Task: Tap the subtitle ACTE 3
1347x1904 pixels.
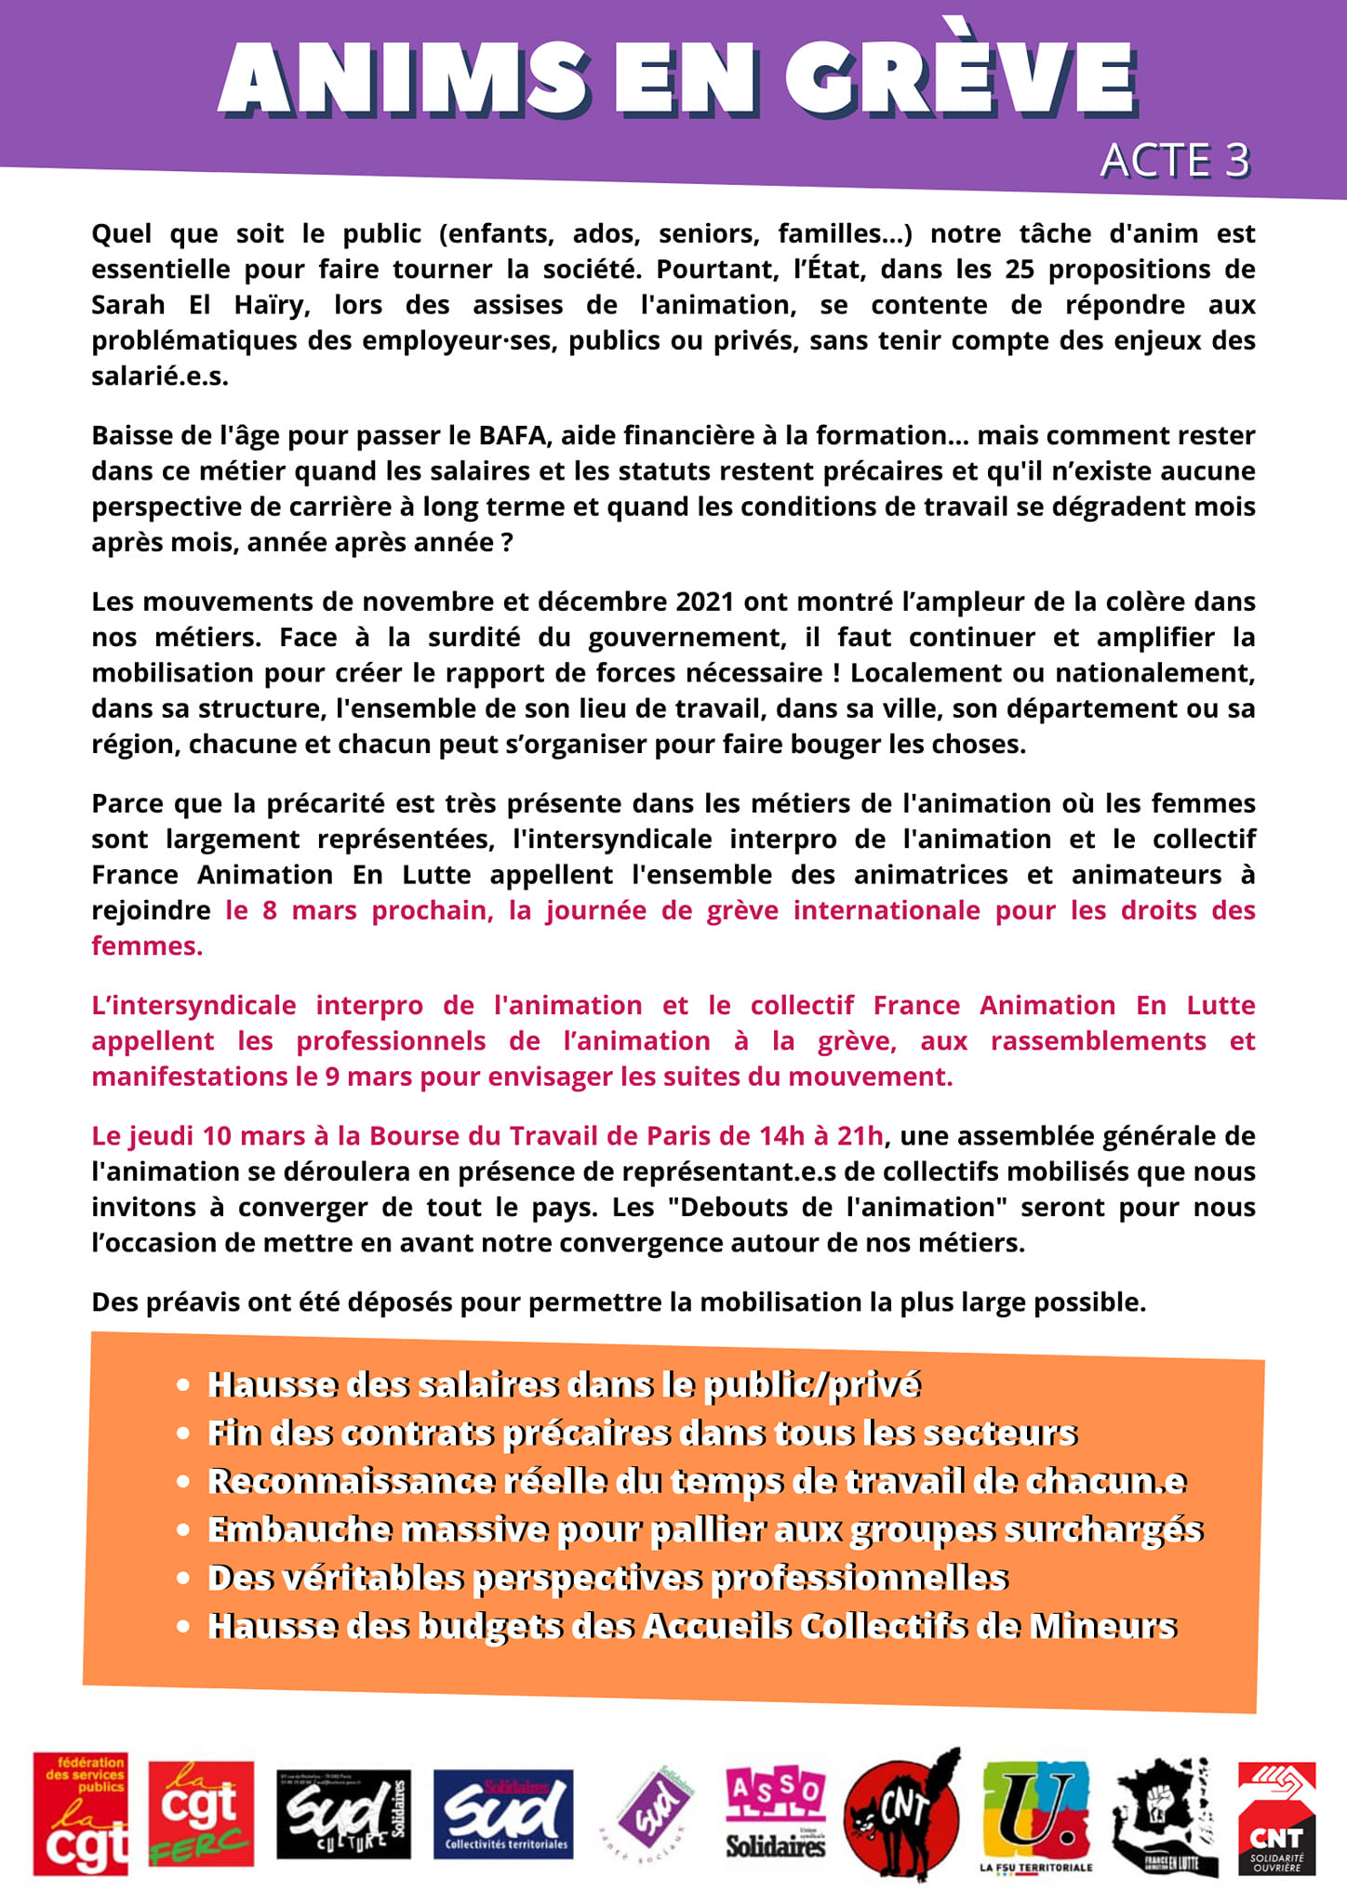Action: [x=1175, y=161]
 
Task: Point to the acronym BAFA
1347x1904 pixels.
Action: [x=510, y=435]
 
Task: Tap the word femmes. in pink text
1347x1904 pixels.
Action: [x=147, y=946]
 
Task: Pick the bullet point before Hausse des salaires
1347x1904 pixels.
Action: [x=184, y=1385]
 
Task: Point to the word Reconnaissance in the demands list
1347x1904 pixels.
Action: [x=351, y=1481]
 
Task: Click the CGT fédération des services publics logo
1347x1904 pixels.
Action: [x=80, y=1814]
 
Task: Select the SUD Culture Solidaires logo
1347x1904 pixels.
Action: [x=343, y=1814]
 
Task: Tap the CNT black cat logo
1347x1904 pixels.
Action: [x=902, y=1814]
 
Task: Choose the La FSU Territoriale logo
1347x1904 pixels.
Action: [x=1036, y=1814]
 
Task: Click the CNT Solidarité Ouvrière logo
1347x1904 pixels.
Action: [x=1276, y=1818]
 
